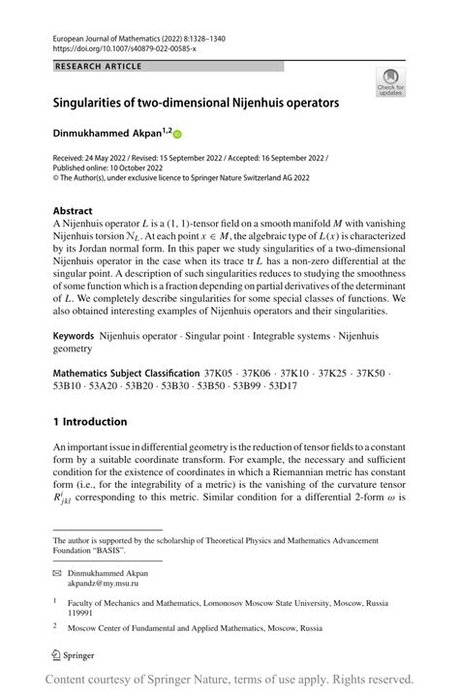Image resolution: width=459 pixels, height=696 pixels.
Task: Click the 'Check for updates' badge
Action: (390, 81)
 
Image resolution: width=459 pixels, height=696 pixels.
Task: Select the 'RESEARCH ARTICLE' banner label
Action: (99, 67)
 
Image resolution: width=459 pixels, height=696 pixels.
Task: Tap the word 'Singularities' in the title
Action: (98, 101)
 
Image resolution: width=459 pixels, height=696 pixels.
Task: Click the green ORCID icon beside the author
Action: (177, 133)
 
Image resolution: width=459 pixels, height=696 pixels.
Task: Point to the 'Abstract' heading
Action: (74, 210)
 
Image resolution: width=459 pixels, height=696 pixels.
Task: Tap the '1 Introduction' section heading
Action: (89, 421)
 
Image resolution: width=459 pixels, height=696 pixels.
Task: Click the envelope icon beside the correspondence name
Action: (57, 573)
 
